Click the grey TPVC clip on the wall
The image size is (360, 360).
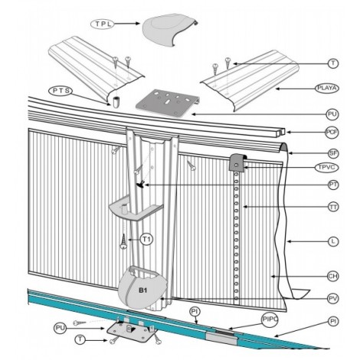coord(237,162)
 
